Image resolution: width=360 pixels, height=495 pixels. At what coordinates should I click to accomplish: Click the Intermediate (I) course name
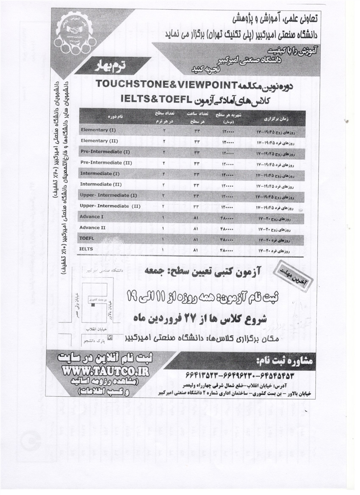pyautogui.click(x=100, y=174)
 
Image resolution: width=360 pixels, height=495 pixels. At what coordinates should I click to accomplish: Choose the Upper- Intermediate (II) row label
pyautogui.click(x=110, y=206)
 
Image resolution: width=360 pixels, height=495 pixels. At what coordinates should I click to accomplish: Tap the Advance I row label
pyautogui.click(x=90, y=217)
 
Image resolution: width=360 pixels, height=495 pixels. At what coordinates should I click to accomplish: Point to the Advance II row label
pyautogui.click(x=92, y=228)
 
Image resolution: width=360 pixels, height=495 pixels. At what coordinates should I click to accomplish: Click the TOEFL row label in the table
pyautogui.click(x=87, y=239)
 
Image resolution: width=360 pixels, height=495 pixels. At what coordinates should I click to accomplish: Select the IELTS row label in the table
pyautogui.click(x=86, y=250)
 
